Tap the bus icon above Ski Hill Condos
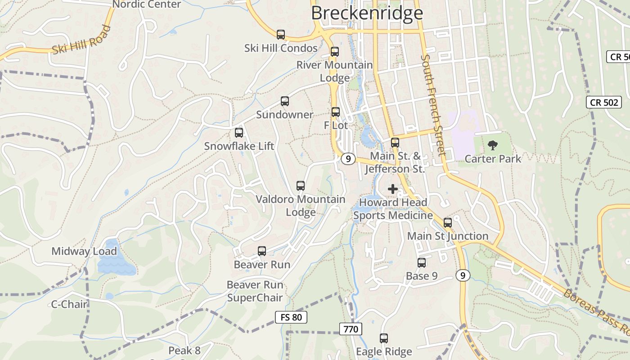(x=281, y=35)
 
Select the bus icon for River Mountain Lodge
(x=334, y=52)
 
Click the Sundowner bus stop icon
(x=284, y=101)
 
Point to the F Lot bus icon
(x=335, y=112)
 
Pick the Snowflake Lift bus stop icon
(x=239, y=133)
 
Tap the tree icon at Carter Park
(x=493, y=145)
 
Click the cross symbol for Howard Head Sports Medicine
(x=393, y=189)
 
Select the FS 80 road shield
(x=291, y=317)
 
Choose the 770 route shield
(x=351, y=329)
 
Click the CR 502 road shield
(x=604, y=103)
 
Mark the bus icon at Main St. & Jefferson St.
(x=395, y=143)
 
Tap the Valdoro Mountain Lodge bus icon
(x=300, y=186)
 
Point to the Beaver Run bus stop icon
(x=262, y=251)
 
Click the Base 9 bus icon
(x=422, y=263)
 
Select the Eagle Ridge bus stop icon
(x=384, y=338)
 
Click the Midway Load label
(x=84, y=251)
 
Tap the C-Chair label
(x=69, y=304)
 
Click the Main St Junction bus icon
(x=448, y=223)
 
